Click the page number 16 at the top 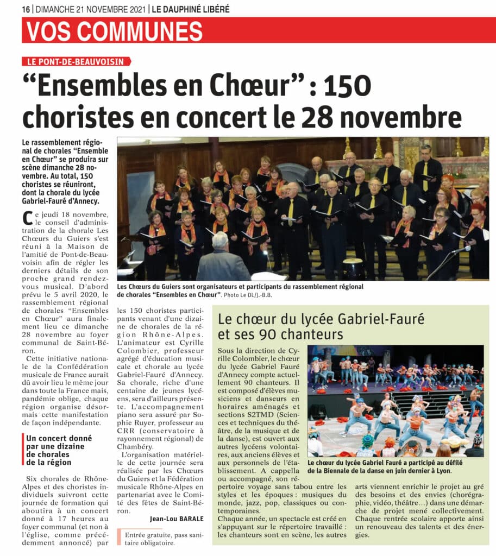(x=26, y=9)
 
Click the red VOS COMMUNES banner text (x=115, y=30)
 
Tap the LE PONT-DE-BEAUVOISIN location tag (x=76, y=62)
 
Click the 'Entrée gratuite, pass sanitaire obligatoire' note (x=158, y=539)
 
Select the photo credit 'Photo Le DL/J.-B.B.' (x=250, y=295)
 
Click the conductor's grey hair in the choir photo (x=220, y=239)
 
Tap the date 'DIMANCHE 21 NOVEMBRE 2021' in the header (x=90, y=9)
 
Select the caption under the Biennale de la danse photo (x=394, y=467)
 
